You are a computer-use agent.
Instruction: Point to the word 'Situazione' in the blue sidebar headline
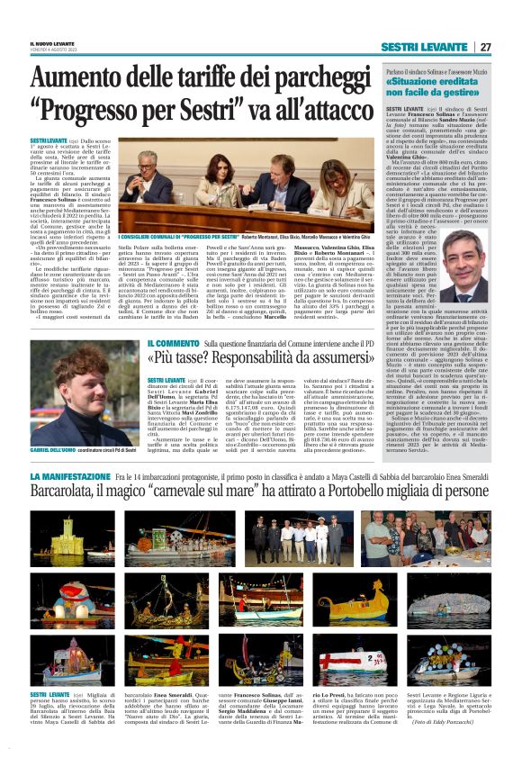point(416,80)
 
